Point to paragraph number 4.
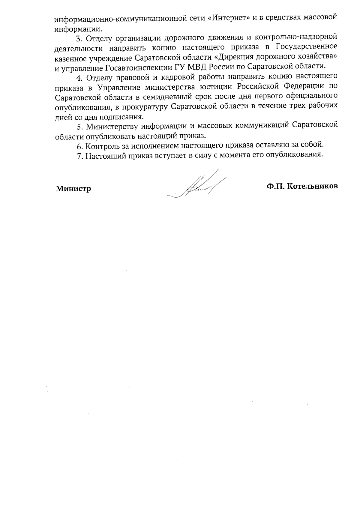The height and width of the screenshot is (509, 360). pyautogui.click(x=79, y=78)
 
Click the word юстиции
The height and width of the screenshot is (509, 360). pyautogui.click(x=220, y=87)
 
